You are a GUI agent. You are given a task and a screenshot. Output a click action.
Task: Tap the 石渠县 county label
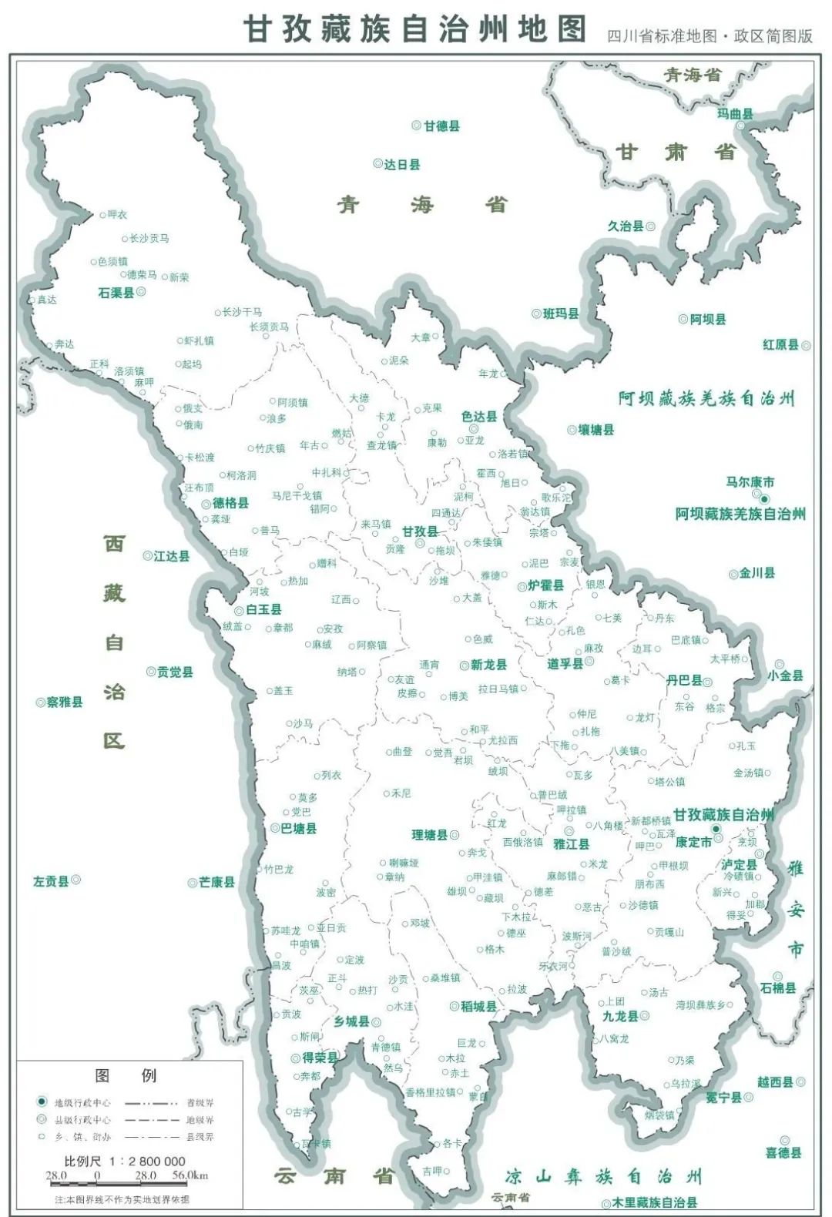[x=116, y=293]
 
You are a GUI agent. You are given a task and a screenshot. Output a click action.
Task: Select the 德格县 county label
[x=230, y=503]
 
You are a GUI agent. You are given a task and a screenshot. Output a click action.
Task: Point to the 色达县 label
[x=479, y=416]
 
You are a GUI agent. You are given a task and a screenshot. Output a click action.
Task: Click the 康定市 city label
[x=693, y=842]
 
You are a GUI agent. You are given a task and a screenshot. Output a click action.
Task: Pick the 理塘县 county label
[x=430, y=835]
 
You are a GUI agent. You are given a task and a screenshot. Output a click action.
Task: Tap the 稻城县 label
[x=478, y=1007]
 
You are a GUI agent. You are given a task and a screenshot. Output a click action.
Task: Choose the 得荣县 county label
[x=320, y=1058]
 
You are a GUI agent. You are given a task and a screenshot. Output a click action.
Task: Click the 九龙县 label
[x=620, y=1016]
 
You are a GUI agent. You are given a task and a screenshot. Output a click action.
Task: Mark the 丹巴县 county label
[x=684, y=680]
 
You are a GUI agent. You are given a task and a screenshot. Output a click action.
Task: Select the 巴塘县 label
[x=299, y=829]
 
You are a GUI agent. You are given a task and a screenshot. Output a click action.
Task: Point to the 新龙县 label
[x=489, y=665]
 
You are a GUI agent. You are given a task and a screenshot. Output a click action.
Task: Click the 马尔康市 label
[x=750, y=482]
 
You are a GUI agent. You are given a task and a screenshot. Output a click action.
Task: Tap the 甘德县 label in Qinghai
[x=441, y=126]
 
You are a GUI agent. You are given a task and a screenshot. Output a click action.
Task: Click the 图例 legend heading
[x=125, y=1075]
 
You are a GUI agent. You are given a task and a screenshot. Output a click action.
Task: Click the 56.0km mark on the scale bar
[x=190, y=1175]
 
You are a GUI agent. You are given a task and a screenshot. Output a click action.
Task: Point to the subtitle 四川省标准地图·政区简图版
[x=710, y=36]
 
